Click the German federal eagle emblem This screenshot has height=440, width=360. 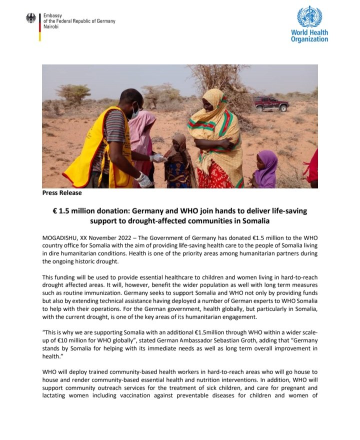pyautogui.click(x=31, y=18)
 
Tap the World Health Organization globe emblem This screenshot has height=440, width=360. pyautogui.click(x=309, y=16)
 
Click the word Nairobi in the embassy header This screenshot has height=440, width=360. pyautogui.click(x=51, y=27)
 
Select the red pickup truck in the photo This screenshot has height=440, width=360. pyautogui.click(x=270, y=104)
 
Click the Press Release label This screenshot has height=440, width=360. pyautogui.click(x=62, y=192)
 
